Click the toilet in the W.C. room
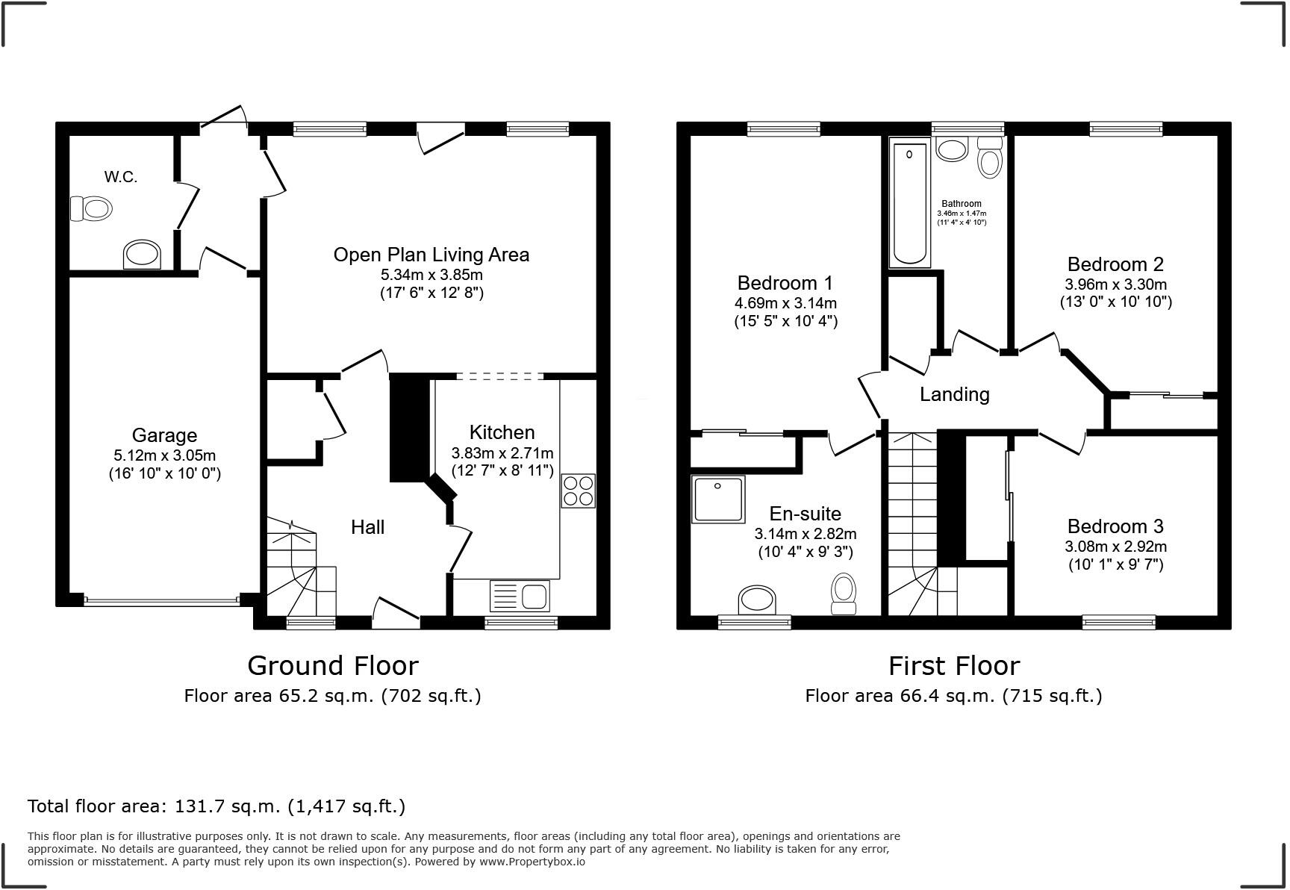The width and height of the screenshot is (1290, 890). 90,208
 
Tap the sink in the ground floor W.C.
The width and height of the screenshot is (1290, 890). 142,255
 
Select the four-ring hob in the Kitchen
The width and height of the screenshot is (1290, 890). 579,491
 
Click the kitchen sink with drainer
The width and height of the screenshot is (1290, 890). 520,597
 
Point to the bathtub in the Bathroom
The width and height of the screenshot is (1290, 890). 909,203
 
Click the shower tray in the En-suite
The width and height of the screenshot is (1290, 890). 718,499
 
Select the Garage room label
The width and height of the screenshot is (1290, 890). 164,435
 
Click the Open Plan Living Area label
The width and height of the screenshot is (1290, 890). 431,255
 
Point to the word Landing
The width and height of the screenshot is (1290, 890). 954,394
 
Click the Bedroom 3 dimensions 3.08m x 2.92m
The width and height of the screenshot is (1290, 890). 1115,547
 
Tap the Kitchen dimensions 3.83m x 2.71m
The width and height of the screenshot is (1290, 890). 502,452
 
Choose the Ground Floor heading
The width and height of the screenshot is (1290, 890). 332,665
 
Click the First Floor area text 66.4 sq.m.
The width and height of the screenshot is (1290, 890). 953,696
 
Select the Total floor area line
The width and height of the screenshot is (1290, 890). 216,806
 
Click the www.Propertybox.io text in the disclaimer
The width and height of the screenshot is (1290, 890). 532,862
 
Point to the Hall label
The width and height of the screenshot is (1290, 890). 367,527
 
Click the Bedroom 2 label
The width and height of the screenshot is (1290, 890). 1115,264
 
